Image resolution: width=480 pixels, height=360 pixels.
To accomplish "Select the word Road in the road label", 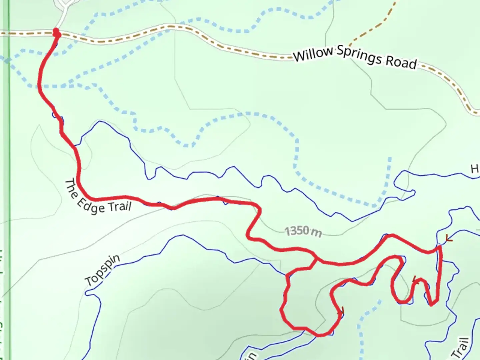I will (401, 62).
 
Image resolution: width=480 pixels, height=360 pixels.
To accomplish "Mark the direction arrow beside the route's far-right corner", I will (449, 239).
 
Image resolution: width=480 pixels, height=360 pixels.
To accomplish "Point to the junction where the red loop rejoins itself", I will (316, 259).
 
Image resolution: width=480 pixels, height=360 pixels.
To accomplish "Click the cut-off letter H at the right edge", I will (475, 169).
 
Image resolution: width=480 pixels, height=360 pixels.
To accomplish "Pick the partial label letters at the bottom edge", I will (252, 356).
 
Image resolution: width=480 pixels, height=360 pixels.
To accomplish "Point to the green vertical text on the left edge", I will (2, 300).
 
